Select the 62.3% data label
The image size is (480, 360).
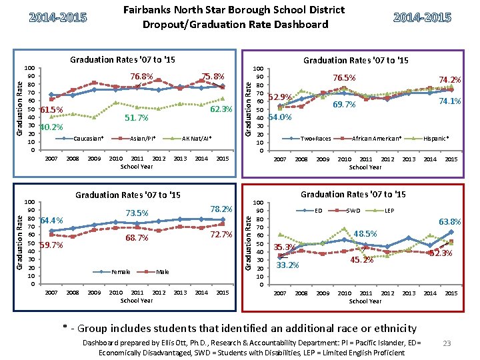(221, 109)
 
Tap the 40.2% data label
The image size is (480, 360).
(51, 127)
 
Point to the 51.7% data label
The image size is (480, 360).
(136, 118)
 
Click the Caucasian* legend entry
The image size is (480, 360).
(87, 139)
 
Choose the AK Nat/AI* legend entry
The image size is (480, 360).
(197, 139)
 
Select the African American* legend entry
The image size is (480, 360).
(377, 139)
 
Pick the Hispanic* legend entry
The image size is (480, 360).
(437, 139)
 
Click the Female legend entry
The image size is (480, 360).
(120, 272)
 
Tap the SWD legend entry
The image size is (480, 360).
(354, 211)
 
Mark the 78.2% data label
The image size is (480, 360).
(221, 209)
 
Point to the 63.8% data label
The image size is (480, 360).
(449, 221)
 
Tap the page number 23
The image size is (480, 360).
(447, 343)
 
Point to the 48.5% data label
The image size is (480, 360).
(365, 234)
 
